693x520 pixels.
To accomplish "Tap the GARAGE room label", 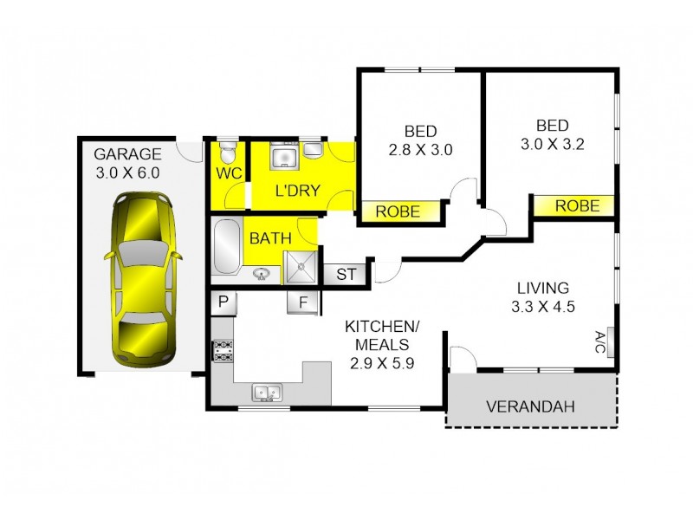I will tap(127, 155).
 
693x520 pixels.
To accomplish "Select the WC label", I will tap(228, 172).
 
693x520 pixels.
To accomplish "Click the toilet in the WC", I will tap(226, 152).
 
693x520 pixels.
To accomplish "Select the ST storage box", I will tap(346, 275).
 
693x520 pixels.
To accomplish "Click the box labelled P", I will tap(223, 302).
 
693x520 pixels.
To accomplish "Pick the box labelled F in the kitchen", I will tap(303, 302).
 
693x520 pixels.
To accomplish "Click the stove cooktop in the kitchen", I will tap(223, 350).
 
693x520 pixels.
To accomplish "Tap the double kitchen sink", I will tap(267, 393).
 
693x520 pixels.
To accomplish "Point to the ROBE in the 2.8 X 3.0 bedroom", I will tap(398, 211).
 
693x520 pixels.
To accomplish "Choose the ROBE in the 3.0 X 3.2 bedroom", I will tap(576, 206).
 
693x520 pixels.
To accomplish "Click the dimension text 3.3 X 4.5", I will tap(543, 306).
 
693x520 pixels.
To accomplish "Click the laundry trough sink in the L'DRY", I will tap(283, 157).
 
